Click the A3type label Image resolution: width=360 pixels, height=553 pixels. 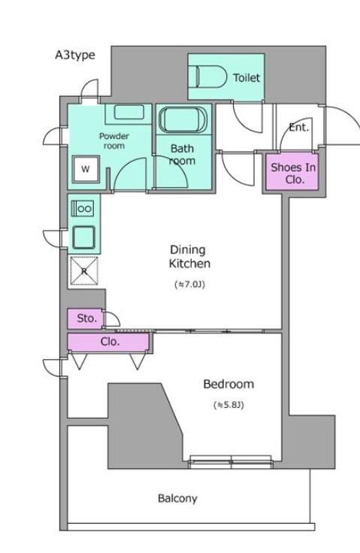[x=75, y=56]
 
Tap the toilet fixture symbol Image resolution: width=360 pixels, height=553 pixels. [x=211, y=77]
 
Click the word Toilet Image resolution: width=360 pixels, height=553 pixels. [x=247, y=77]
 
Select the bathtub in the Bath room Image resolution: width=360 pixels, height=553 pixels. [x=183, y=119]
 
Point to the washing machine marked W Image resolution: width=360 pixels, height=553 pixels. [x=86, y=169]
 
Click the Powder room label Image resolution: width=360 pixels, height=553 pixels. [x=114, y=141]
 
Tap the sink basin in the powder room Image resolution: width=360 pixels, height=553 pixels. [x=129, y=113]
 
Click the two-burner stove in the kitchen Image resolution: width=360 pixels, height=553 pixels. [x=83, y=208]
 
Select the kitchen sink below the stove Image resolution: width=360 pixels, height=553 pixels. [x=83, y=237]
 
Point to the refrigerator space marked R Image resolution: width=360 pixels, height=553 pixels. [x=84, y=270]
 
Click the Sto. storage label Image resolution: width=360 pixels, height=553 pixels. [x=87, y=319]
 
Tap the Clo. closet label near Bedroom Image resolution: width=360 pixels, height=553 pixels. [x=110, y=342]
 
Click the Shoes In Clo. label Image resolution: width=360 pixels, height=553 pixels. [x=293, y=173]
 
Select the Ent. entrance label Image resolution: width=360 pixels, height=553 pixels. [x=299, y=127]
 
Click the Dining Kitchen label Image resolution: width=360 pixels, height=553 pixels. [x=189, y=256]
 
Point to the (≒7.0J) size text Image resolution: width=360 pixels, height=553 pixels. [x=190, y=284]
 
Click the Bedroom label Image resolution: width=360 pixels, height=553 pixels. [x=228, y=384]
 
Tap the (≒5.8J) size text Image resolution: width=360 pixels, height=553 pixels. [x=228, y=405]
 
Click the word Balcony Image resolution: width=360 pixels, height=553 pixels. [x=177, y=499]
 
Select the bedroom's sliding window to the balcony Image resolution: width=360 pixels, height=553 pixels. [x=231, y=461]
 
